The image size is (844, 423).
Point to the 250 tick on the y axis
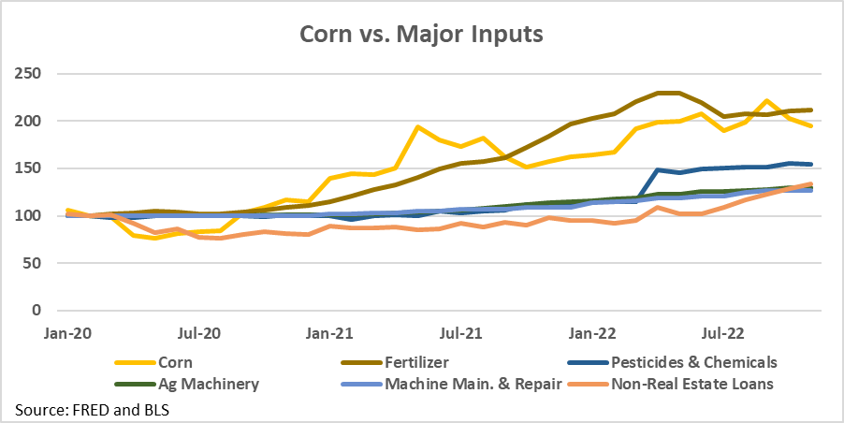click(x=31, y=74)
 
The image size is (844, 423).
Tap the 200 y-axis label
click(x=31, y=122)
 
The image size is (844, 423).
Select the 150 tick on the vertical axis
click(x=31, y=168)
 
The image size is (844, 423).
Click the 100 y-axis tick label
click(x=31, y=216)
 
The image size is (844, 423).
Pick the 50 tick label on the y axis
click(x=35, y=263)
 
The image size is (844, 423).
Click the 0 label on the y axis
click(x=38, y=311)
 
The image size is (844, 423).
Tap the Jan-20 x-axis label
click(x=66, y=332)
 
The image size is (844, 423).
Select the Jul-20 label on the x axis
click(x=198, y=332)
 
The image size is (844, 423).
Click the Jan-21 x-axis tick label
click(x=331, y=332)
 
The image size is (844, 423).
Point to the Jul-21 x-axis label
click(x=462, y=332)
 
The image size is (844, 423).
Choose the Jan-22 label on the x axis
click(x=595, y=332)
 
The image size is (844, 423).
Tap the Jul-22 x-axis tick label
click(x=726, y=332)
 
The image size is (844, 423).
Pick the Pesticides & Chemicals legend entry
click(x=693, y=360)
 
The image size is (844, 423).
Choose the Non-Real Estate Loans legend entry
click(x=693, y=383)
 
